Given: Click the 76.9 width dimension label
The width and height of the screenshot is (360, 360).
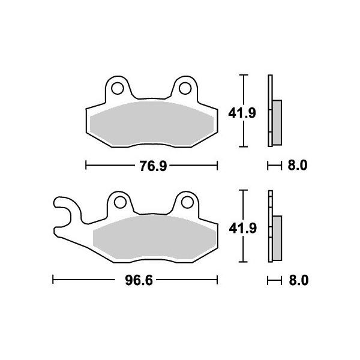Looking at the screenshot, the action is [x=153, y=166].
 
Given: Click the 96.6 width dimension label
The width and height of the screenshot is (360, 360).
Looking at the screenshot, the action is [x=139, y=280].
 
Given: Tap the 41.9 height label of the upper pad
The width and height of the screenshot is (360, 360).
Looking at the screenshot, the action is [x=242, y=113].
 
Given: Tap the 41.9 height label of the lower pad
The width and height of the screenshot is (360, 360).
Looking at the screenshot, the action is [x=242, y=229].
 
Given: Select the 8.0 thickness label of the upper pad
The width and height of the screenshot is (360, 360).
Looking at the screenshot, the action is [x=298, y=166].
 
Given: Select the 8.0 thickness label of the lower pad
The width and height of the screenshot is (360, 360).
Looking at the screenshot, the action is [x=298, y=280].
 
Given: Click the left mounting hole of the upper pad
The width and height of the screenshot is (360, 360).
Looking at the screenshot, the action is [x=118, y=88].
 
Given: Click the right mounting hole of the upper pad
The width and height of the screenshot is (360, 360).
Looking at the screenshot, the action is [x=185, y=88].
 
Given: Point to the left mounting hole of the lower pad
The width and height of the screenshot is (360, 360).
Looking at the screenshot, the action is [x=120, y=203].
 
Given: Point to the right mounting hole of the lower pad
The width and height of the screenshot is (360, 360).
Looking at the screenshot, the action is [x=187, y=203].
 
